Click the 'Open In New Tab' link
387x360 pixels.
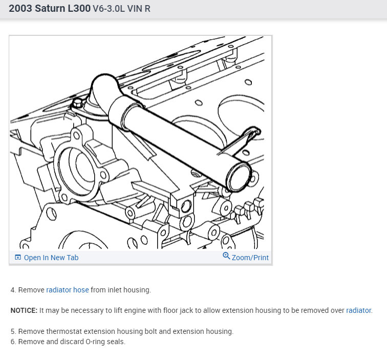51,258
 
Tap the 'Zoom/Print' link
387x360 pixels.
250,258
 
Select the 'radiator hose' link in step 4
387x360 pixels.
68,290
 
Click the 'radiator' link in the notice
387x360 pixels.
358,310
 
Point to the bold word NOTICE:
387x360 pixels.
24,310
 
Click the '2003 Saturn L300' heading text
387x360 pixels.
50,8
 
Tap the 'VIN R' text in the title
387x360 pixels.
139,9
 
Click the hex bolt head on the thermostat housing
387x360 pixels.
77,103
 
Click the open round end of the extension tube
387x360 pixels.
239,176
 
